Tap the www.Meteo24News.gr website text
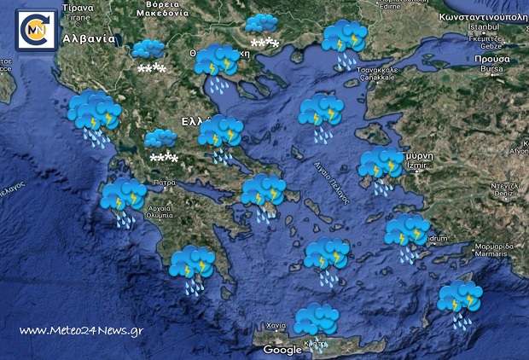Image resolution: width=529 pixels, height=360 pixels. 80,330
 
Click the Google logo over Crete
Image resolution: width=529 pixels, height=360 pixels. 282,350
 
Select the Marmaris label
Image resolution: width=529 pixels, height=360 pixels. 492,253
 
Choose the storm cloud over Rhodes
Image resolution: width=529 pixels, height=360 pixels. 459,299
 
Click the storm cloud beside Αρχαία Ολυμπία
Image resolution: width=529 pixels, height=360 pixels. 124,197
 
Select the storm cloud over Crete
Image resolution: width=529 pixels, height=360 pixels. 316,319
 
